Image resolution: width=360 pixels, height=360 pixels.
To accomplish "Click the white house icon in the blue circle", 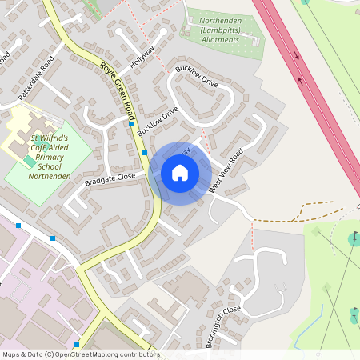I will point(180,173).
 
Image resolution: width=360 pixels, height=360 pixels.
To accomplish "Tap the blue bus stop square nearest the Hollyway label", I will point(131,124).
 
